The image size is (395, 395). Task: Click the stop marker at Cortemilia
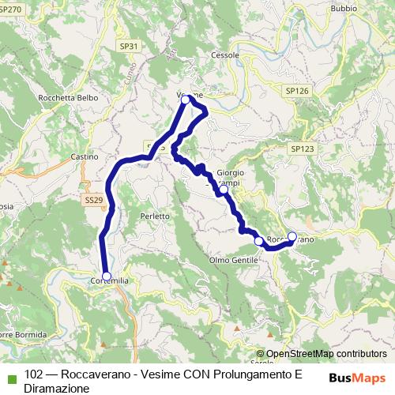pos(107,276)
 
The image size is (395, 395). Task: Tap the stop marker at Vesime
pos(186,100)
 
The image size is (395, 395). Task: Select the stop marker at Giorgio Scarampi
pos(224,190)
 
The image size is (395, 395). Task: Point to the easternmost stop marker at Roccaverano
pos(292,236)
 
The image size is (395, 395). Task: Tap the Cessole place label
pos(225,55)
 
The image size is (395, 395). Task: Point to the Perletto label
pos(155,216)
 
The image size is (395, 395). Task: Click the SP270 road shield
pos(9,9)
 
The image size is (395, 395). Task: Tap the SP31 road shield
pos(130,47)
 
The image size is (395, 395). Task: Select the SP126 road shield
pos(296,91)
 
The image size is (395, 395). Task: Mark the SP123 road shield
pos(302,149)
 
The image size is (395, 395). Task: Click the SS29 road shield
pos(93,200)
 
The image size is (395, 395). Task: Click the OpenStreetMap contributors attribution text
pos(325,355)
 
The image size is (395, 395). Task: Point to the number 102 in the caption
pos(34,375)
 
